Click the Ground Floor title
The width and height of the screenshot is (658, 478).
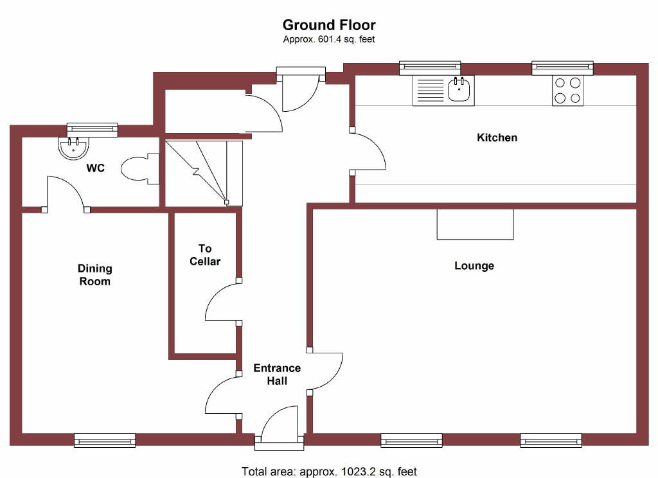(329, 25)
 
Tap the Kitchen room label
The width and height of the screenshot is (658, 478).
(497, 137)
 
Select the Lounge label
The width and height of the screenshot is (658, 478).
(474, 265)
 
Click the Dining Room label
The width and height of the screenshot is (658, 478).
(94, 275)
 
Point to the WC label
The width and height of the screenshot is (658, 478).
(96, 168)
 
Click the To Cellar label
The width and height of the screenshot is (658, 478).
(205, 255)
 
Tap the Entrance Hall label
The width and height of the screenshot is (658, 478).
(277, 375)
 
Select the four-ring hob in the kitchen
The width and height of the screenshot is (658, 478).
(567, 90)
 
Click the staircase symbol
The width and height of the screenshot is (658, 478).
(204, 173)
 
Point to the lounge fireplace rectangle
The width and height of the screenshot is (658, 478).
(475, 224)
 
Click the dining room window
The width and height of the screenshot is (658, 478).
(105, 440)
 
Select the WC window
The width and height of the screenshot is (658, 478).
(93, 129)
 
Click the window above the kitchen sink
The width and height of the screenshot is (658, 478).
(430, 67)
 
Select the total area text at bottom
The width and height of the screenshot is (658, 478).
(329, 472)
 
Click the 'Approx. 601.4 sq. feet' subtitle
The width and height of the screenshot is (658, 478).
(329, 39)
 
